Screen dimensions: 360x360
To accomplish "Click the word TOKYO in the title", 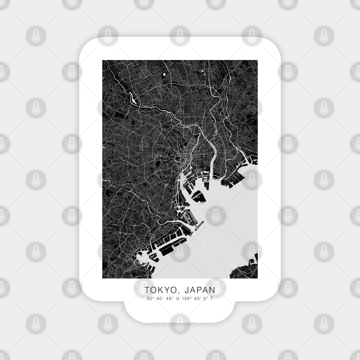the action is (x=159, y=290).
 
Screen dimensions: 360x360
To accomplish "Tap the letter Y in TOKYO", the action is (x=166, y=290).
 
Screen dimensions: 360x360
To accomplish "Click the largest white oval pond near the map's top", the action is (x=163, y=74).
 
